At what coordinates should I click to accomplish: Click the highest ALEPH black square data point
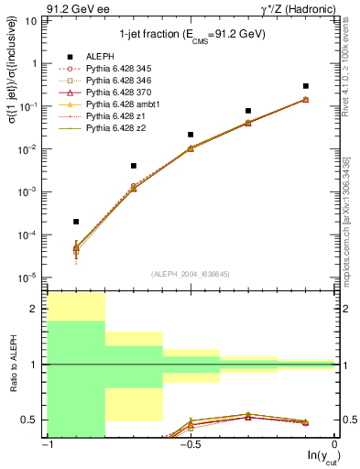306,86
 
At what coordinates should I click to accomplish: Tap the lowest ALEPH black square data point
76,222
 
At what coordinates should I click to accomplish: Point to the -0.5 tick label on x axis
189,446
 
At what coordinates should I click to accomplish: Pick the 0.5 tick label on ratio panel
34,420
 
